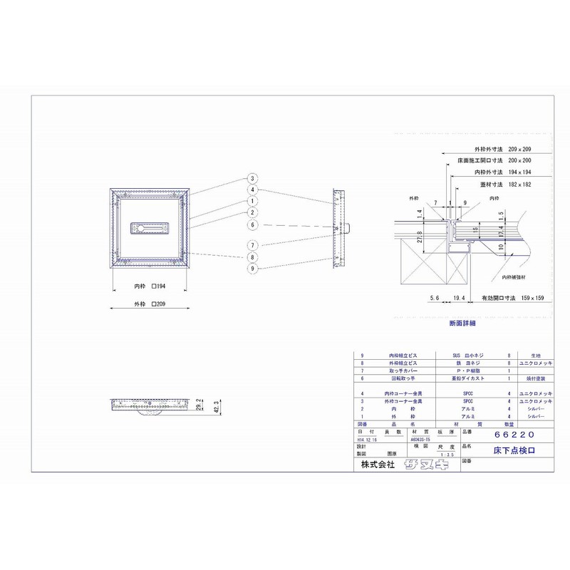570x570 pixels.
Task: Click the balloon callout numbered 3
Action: pyautogui.click(x=252, y=178)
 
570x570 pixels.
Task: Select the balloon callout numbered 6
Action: pyautogui.click(x=252, y=225)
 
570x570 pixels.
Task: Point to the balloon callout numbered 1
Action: pyautogui.click(x=252, y=202)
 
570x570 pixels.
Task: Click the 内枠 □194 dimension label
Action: pyautogui.click(x=150, y=285)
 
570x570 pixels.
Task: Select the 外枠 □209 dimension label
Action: pyautogui.click(x=150, y=304)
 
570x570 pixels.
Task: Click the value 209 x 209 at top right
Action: pyautogui.click(x=519, y=150)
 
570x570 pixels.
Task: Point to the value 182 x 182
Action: pyautogui.click(x=519, y=185)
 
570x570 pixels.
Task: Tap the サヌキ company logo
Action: pyautogui.click(x=425, y=464)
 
